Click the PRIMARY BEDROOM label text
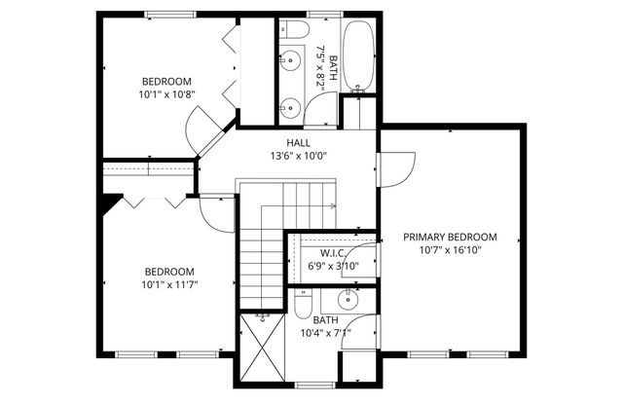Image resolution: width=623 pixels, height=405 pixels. [450, 237]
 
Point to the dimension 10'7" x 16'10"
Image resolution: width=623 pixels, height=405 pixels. [450, 250]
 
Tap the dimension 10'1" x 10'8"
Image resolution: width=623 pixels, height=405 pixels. [167, 95]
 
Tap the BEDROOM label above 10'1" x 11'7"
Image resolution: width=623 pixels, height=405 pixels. [169, 272]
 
